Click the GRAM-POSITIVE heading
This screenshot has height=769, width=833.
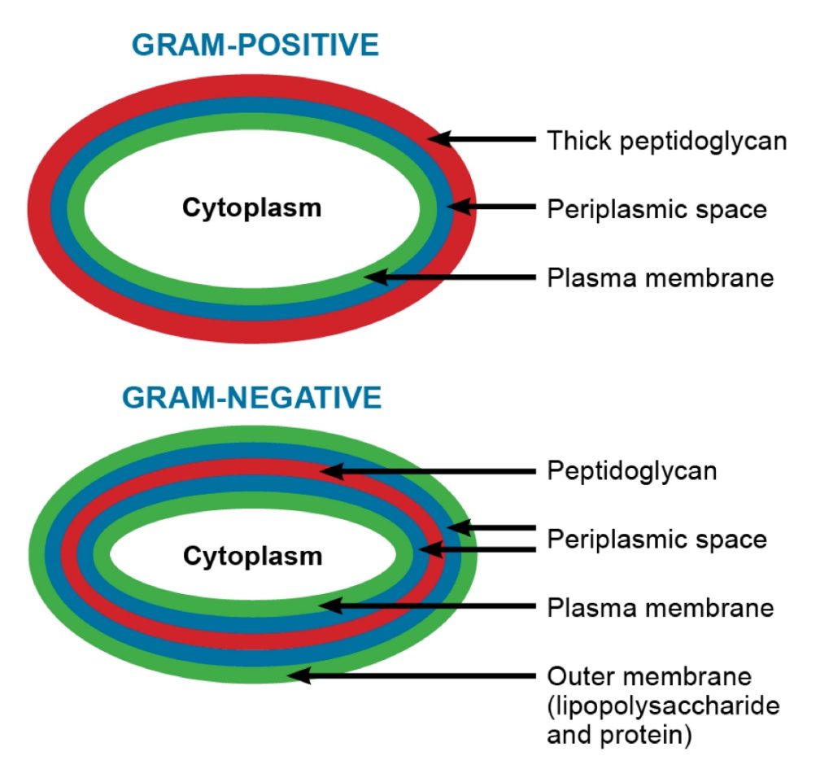pyautogui.click(x=255, y=46)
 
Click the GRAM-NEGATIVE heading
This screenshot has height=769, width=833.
pyautogui.click(x=251, y=398)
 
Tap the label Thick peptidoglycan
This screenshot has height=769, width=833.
pyautogui.click(x=666, y=141)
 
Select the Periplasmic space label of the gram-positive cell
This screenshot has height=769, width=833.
pyautogui.click(x=656, y=209)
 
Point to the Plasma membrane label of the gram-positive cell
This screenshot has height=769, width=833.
pyautogui.click(x=660, y=278)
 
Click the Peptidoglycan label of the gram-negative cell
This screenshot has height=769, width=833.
pyautogui.click(x=631, y=471)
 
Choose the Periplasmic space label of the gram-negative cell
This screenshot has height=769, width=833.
pyautogui.click(x=656, y=539)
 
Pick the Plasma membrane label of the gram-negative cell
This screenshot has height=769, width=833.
pyautogui.click(x=660, y=607)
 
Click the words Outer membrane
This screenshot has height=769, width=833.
pyautogui.click(x=649, y=676)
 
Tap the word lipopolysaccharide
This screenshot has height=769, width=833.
pyautogui.click(x=663, y=706)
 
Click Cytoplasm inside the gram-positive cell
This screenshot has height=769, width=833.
pyautogui.click(x=251, y=208)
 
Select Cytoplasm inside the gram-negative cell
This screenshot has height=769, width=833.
pyautogui.click(x=252, y=557)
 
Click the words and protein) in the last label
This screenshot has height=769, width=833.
pyautogui.click(x=619, y=735)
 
